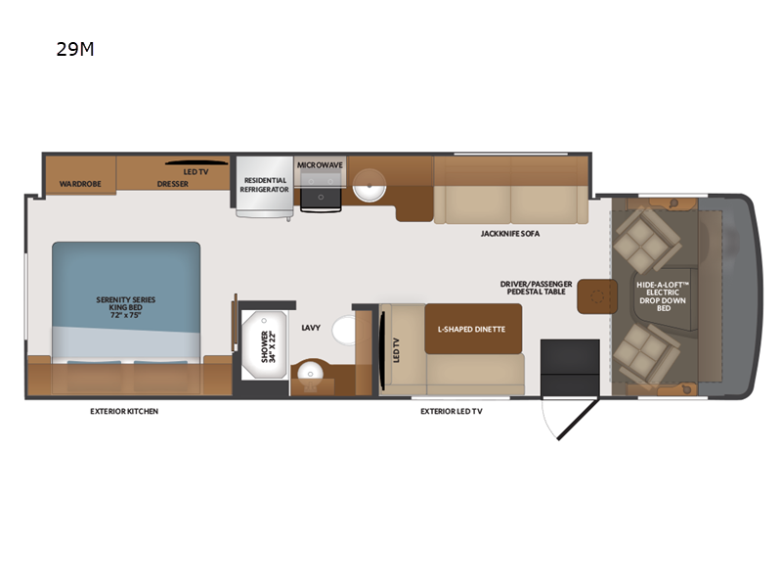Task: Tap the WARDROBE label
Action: click(75, 183)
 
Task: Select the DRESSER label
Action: click(172, 183)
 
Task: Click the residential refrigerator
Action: click(264, 186)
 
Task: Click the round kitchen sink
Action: click(369, 185)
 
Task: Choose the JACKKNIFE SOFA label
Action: click(509, 234)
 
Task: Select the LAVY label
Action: click(311, 328)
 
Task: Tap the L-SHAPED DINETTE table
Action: click(472, 329)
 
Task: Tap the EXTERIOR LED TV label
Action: click(451, 411)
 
